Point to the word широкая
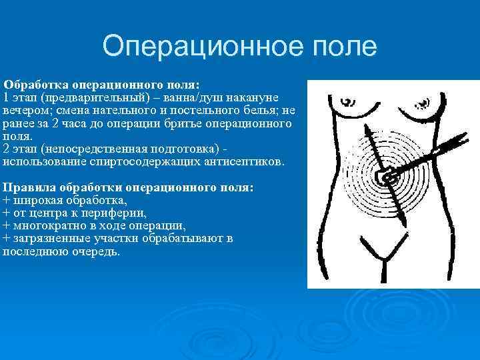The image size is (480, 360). point(37,201)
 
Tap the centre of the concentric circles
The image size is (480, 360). point(387,176)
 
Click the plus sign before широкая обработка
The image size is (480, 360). point(7,201)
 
